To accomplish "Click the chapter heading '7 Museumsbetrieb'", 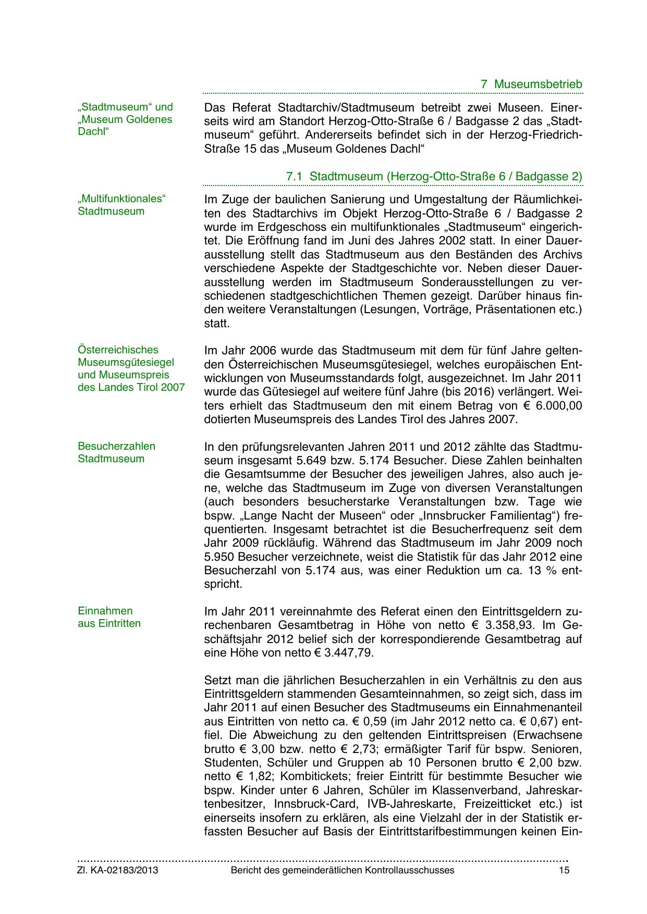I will click(531, 84).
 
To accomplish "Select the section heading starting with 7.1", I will click(434, 176).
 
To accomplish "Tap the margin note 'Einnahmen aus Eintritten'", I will click(109, 617).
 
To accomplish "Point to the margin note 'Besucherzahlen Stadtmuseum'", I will click(116, 452).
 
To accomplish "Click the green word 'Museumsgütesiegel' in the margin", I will click(126, 362).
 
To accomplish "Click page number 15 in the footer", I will click(564, 870).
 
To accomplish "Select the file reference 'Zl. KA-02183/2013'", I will click(118, 870).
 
